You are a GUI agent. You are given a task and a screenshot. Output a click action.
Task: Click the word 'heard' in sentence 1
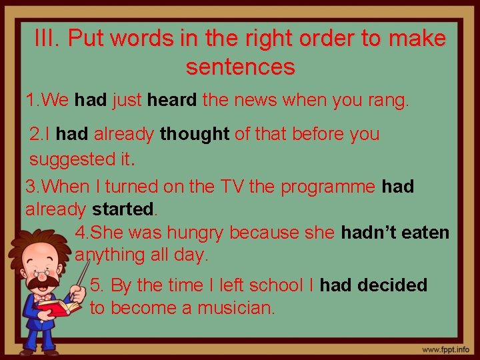[172, 101]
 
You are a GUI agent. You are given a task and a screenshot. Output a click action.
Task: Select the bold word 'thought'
[195, 134]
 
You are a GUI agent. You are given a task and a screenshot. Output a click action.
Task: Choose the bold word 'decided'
[392, 285]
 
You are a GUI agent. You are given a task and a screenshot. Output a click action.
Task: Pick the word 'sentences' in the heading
[240, 67]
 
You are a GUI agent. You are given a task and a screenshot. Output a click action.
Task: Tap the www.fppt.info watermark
[445, 349]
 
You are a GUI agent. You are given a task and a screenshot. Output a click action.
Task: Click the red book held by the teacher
[57, 307]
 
